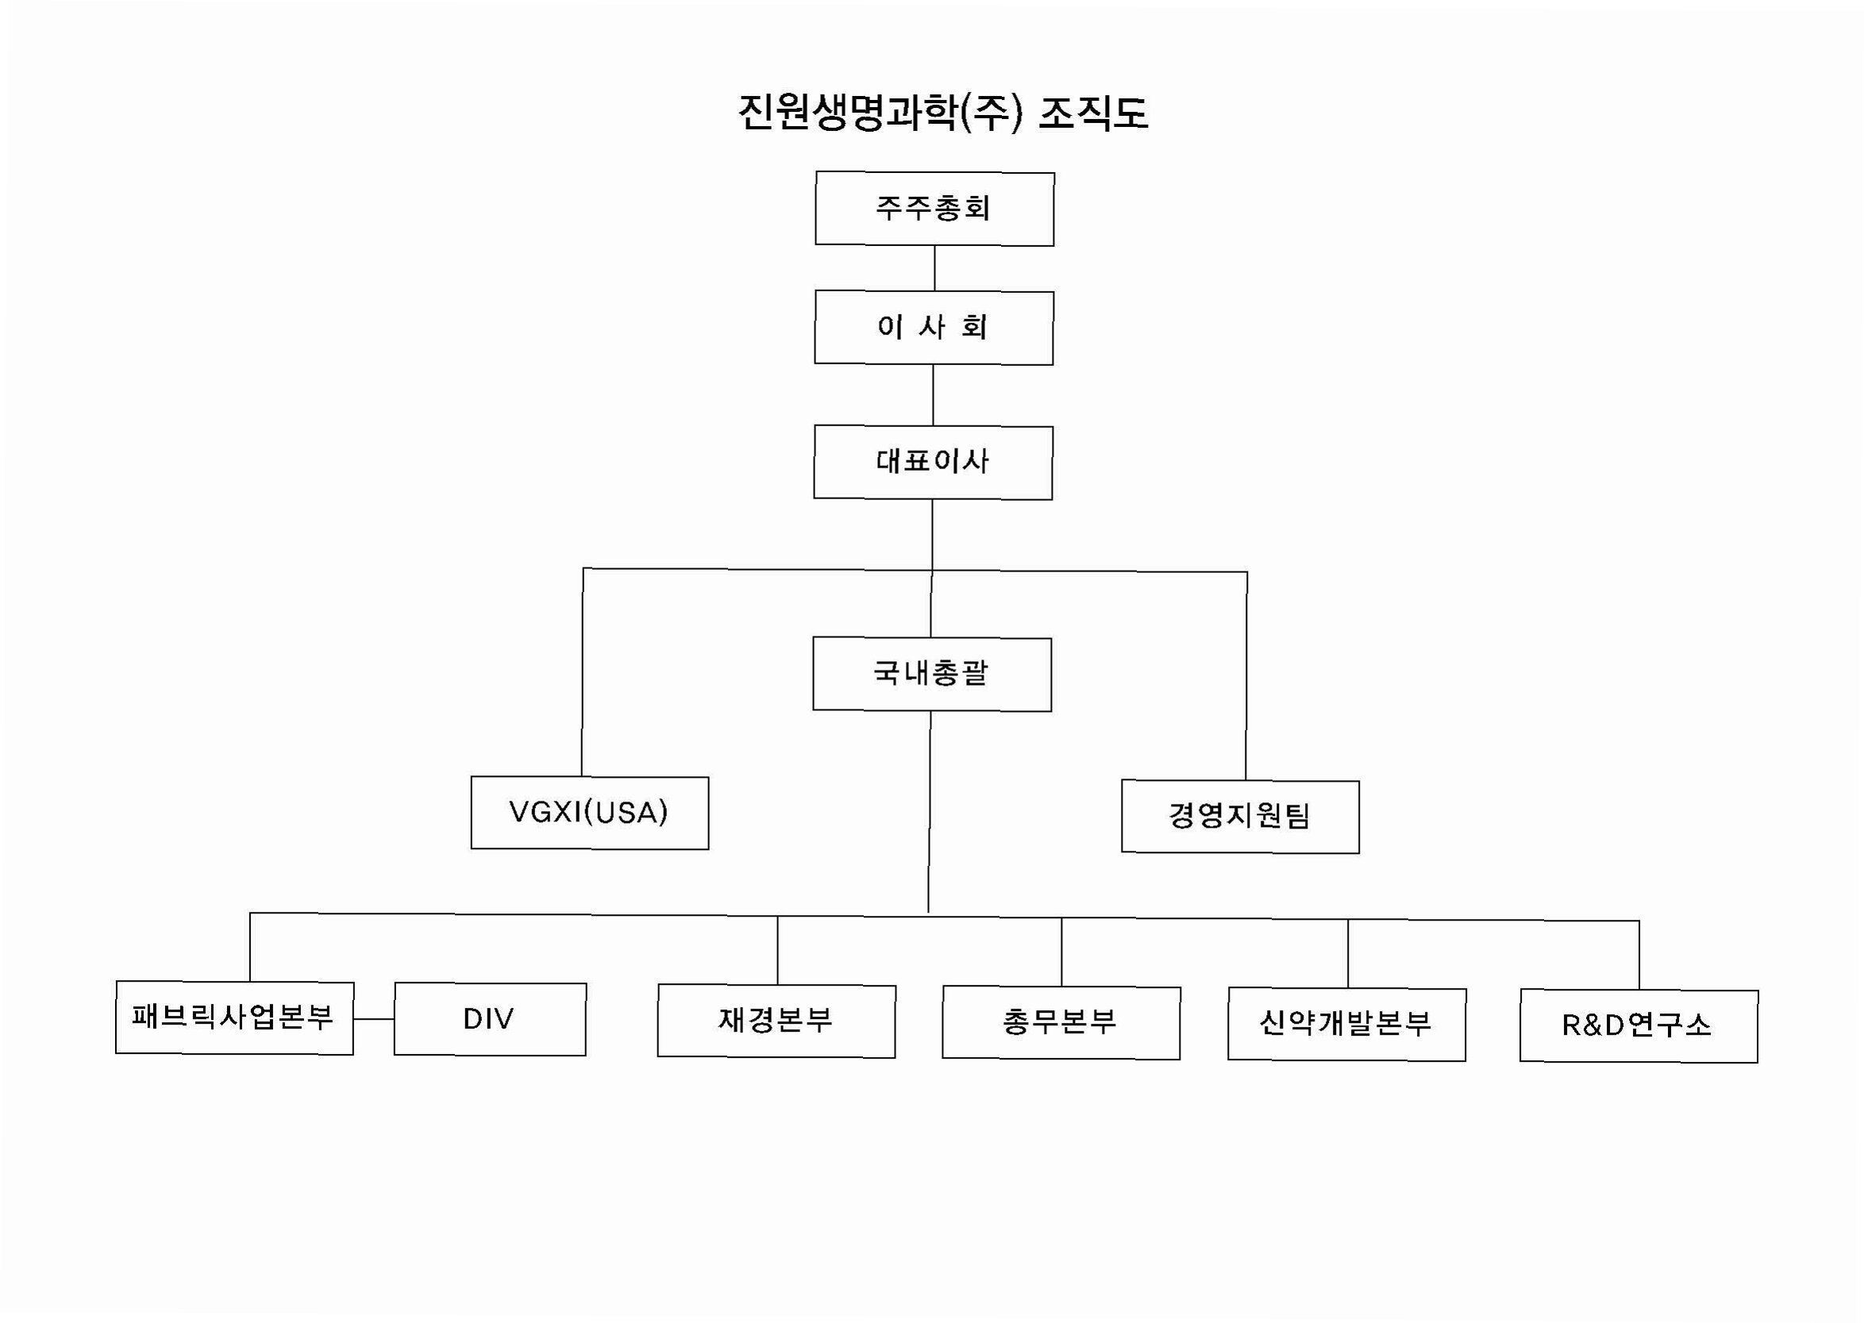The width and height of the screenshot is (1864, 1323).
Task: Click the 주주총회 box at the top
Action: click(x=934, y=209)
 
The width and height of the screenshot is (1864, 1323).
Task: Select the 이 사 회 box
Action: click(x=934, y=328)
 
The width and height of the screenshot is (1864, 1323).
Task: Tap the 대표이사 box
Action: click(x=933, y=462)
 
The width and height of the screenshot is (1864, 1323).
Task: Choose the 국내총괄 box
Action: click(x=932, y=674)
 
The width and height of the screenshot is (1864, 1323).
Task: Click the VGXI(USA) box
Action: click(x=589, y=812)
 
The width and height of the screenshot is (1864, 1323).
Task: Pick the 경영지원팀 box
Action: click(x=1240, y=817)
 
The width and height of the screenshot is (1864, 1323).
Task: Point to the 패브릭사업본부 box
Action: click(x=235, y=1017)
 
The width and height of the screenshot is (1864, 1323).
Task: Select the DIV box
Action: click(x=490, y=1019)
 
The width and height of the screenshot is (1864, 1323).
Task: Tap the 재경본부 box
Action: click(x=776, y=1021)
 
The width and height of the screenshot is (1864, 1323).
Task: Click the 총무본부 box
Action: click(x=1061, y=1022)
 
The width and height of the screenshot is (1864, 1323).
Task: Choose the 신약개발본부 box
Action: click(x=1346, y=1024)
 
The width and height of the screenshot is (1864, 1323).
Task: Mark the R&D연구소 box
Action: click(x=1639, y=1025)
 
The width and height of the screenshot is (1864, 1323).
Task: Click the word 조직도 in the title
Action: click(x=1093, y=113)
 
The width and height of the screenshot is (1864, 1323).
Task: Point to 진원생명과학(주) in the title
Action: click(x=880, y=113)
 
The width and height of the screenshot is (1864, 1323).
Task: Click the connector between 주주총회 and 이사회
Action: click(x=934, y=268)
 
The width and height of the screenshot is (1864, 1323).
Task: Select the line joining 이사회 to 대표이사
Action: click(x=933, y=395)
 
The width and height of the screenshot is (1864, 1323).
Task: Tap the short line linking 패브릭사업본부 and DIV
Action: click(x=374, y=1018)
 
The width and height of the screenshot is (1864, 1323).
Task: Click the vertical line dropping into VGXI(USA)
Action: click(x=583, y=672)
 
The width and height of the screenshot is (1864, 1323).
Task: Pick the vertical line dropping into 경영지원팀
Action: click(x=1246, y=676)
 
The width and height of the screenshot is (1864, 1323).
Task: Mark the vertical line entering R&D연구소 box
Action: click(x=1639, y=955)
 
